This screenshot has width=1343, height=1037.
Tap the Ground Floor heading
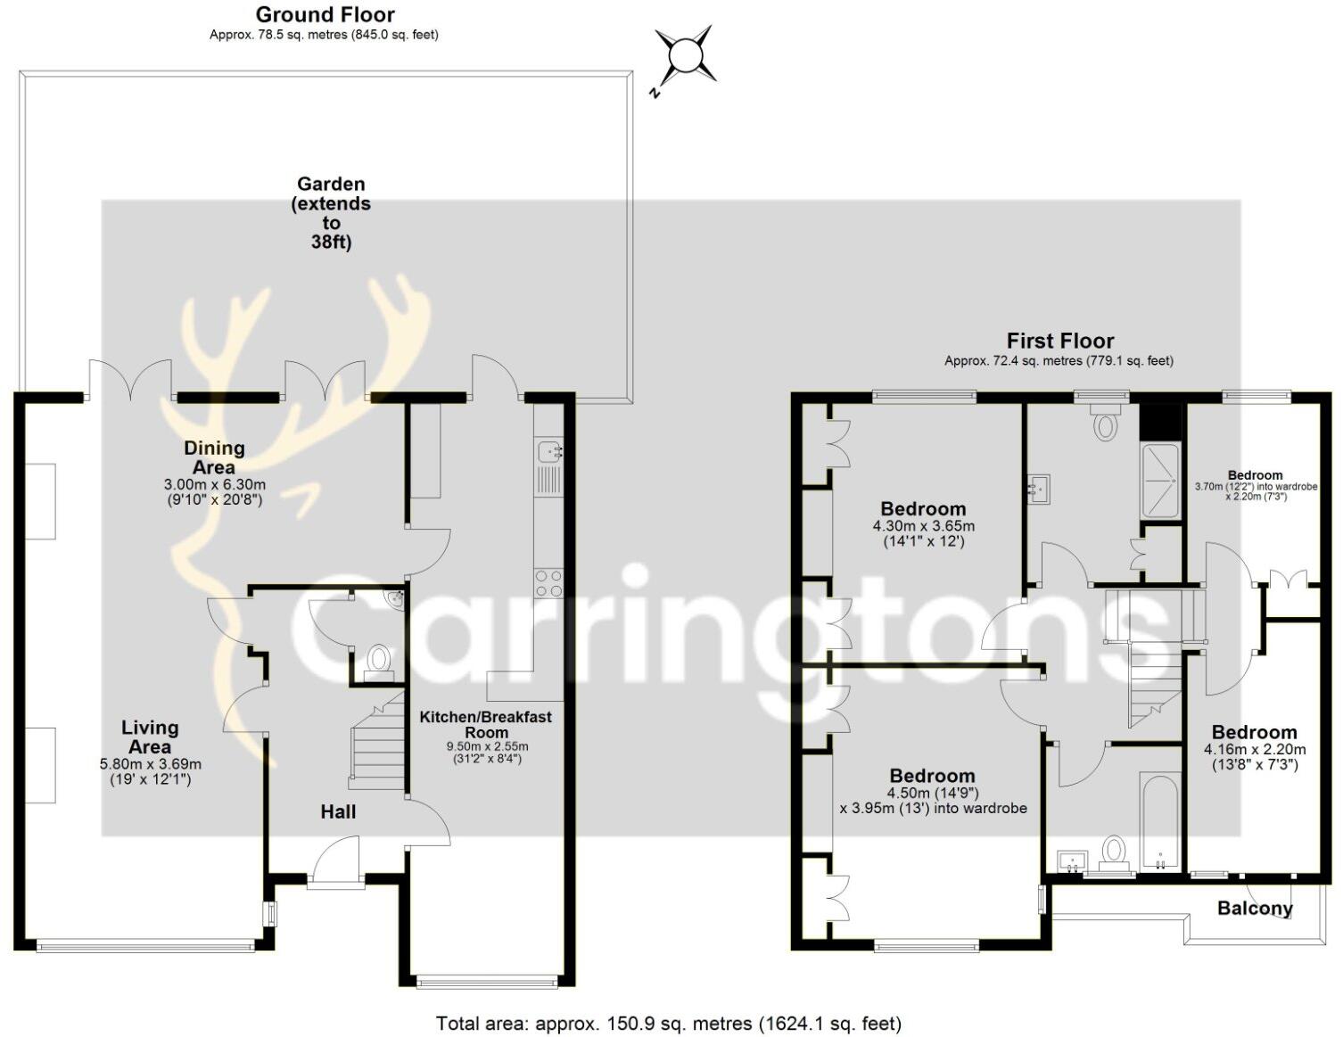(x=325, y=15)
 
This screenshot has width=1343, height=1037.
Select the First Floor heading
(x=1059, y=341)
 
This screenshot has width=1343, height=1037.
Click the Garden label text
(x=331, y=212)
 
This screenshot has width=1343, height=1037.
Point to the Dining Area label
(x=214, y=457)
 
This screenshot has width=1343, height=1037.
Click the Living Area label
(x=150, y=737)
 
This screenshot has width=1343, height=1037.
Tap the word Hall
(x=338, y=811)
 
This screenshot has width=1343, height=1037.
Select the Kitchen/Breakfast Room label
(x=486, y=724)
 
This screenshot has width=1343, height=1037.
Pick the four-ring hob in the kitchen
(x=548, y=583)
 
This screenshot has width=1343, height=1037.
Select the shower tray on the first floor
(x=1160, y=477)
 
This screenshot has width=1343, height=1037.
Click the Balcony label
(x=1255, y=909)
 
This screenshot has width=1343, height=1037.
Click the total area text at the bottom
(x=669, y=1024)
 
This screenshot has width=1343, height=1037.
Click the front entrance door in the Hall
(x=335, y=862)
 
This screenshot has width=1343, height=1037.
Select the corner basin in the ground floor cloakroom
(x=393, y=598)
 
